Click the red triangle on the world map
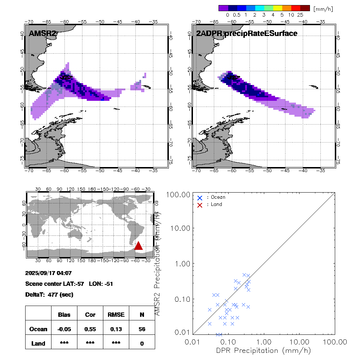coord(139,246)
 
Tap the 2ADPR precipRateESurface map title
coord(247,34)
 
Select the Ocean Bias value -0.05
coord(64,329)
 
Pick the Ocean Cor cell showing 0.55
coord(90,329)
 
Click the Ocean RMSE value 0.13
coord(116,329)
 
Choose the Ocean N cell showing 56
coord(142,329)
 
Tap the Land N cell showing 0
coord(142,343)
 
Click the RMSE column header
coord(116,315)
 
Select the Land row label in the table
coord(38,343)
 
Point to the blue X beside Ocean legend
coord(200,198)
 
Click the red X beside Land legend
coord(200,205)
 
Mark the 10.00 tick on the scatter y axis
coord(180,228)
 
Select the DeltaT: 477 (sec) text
coord(49,294)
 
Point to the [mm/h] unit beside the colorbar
coord(323,9)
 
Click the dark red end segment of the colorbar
coord(305,8)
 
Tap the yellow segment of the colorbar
coord(278,8)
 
